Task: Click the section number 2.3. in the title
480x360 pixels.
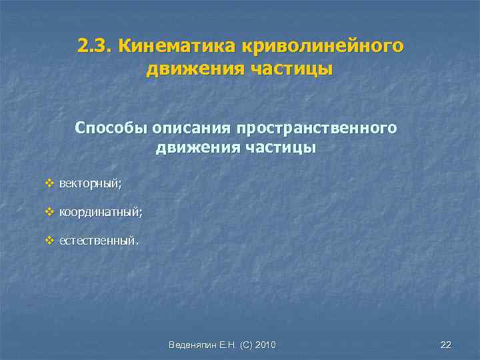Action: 94,46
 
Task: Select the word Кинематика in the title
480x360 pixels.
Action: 172,46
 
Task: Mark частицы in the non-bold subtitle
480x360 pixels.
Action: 281,147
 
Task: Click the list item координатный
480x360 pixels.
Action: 100,212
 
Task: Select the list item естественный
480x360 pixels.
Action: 99,240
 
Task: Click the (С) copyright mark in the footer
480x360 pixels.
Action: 244,345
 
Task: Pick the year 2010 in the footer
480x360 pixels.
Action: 266,345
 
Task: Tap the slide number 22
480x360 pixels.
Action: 446,344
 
